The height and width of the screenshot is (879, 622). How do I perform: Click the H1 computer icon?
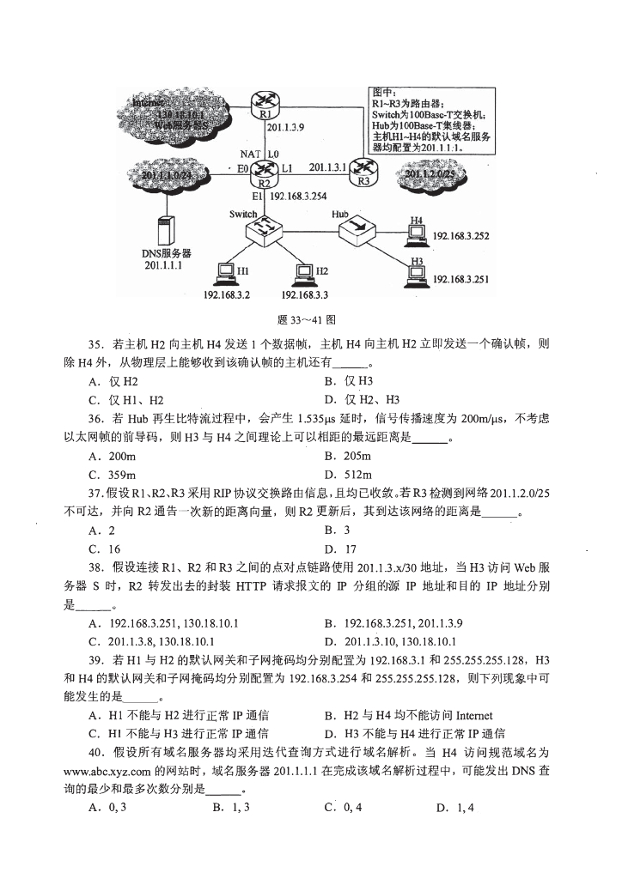pos(225,273)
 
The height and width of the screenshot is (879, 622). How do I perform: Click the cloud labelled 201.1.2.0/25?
pos(427,175)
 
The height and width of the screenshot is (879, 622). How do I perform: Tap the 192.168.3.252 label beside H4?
pos(460,235)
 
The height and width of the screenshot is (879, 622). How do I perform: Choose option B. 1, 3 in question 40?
pos(230,808)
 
